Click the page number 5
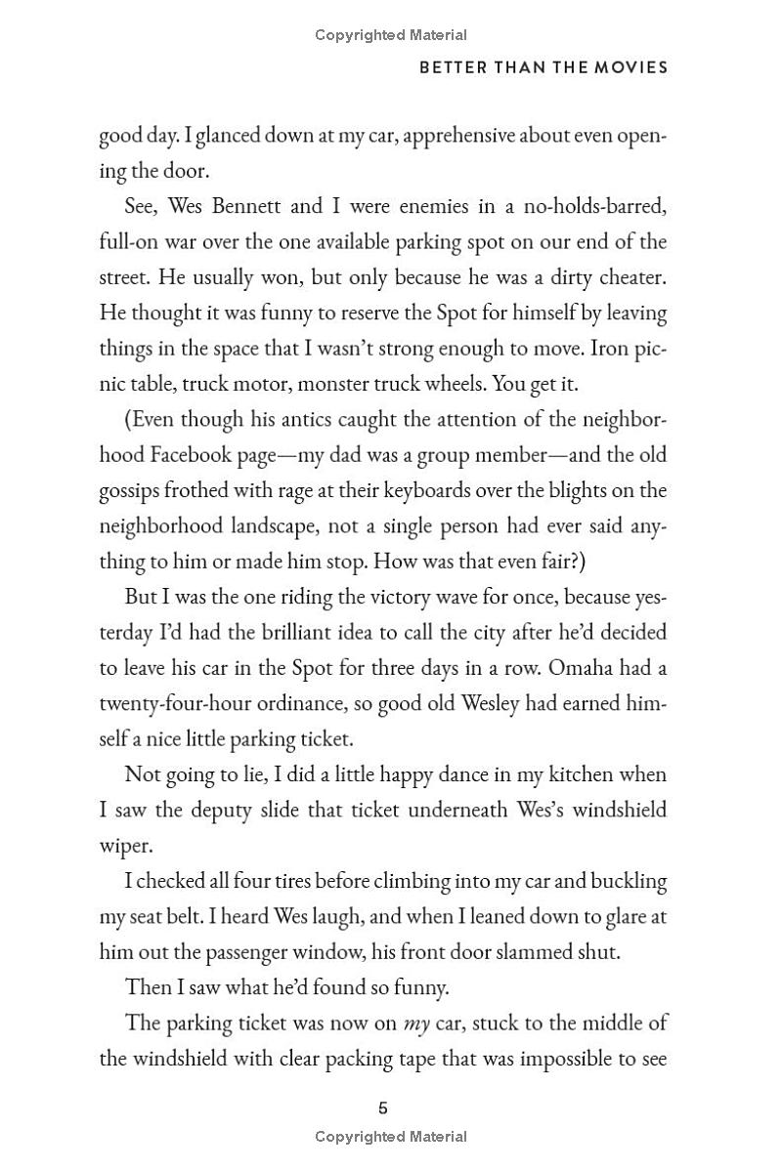(383, 1107)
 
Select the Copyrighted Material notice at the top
(391, 35)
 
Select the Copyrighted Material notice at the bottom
(391, 1136)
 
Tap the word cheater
(630, 277)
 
